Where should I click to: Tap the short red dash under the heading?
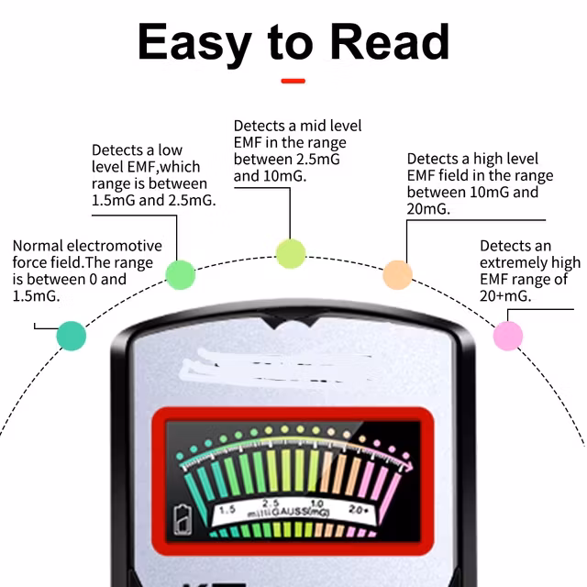click(293, 81)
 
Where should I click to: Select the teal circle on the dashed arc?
click(71, 336)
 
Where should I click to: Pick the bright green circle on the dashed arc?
click(180, 273)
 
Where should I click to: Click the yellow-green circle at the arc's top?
click(291, 253)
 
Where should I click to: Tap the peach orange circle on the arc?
click(397, 273)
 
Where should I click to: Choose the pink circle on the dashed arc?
click(507, 336)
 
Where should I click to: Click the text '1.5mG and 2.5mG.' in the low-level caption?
click(154, 201)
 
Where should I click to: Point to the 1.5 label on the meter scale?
click(227, 509)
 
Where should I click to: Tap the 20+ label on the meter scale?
click(359, 509)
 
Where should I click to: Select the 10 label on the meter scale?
click(316, 504)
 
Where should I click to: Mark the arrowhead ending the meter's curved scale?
click(407, 469)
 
